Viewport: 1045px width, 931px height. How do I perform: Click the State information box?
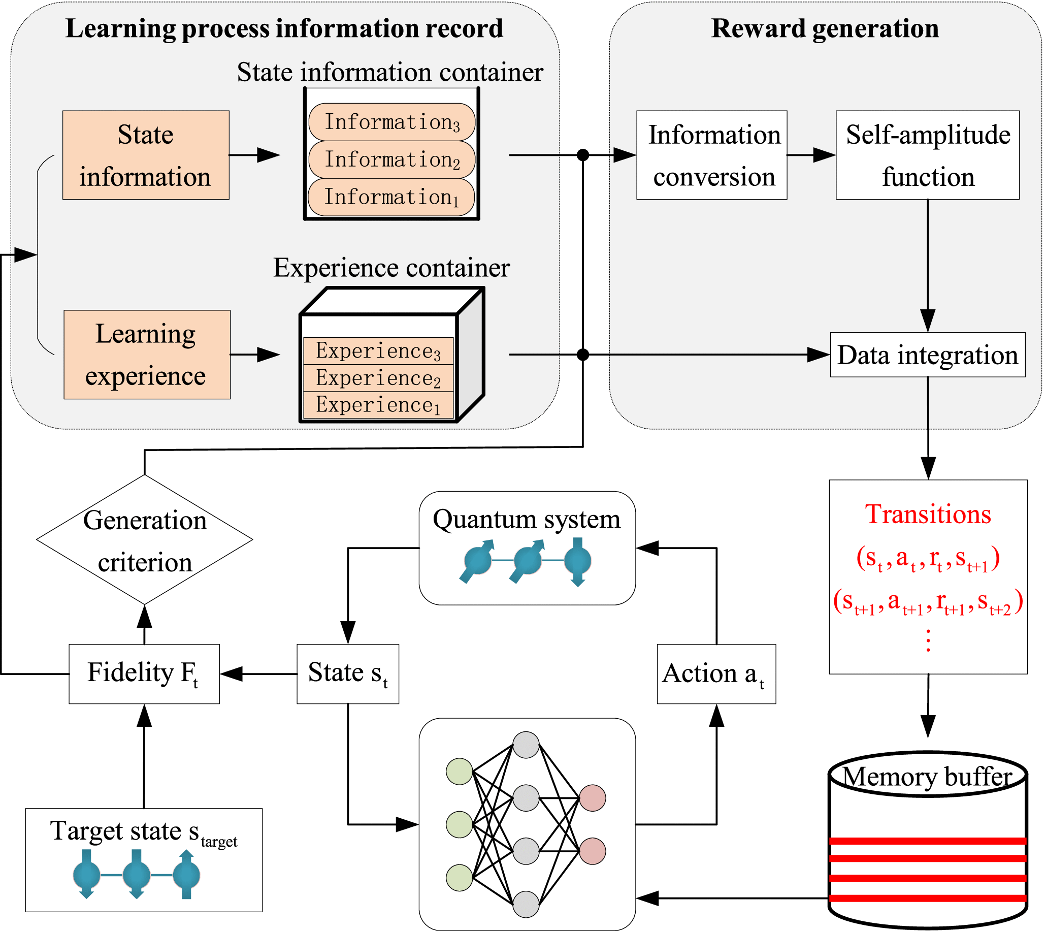click(146, 155)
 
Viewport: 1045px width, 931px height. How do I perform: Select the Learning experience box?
click(147, 355)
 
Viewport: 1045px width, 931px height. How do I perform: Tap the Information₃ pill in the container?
click(392, 122)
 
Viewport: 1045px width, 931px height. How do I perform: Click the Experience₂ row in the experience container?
click(378, 378)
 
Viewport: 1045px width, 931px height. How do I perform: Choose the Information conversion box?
click(711, 155)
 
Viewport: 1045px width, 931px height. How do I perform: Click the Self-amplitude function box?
click(927, 155)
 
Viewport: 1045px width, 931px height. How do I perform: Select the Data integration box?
click(927, 355)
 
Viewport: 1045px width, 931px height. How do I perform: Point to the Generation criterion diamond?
click(145, 540)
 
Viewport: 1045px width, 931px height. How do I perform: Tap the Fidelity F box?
click(144, 673)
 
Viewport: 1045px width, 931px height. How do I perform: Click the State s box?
click(348, 673)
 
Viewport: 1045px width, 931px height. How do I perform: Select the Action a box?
click(716, 673)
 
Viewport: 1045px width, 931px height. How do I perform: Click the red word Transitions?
click(928, 514)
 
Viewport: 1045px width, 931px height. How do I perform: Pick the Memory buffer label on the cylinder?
click(927, 777)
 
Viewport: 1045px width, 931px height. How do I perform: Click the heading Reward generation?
click(825, 28)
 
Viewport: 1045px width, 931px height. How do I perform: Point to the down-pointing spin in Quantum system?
click(578, 561)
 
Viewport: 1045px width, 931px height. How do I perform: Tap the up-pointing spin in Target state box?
click(186, 875)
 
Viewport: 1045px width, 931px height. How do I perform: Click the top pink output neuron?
click(593, 798)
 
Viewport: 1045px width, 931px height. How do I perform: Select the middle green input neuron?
click(460, 825)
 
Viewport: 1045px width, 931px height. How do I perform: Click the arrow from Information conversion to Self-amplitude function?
click(811, 155)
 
